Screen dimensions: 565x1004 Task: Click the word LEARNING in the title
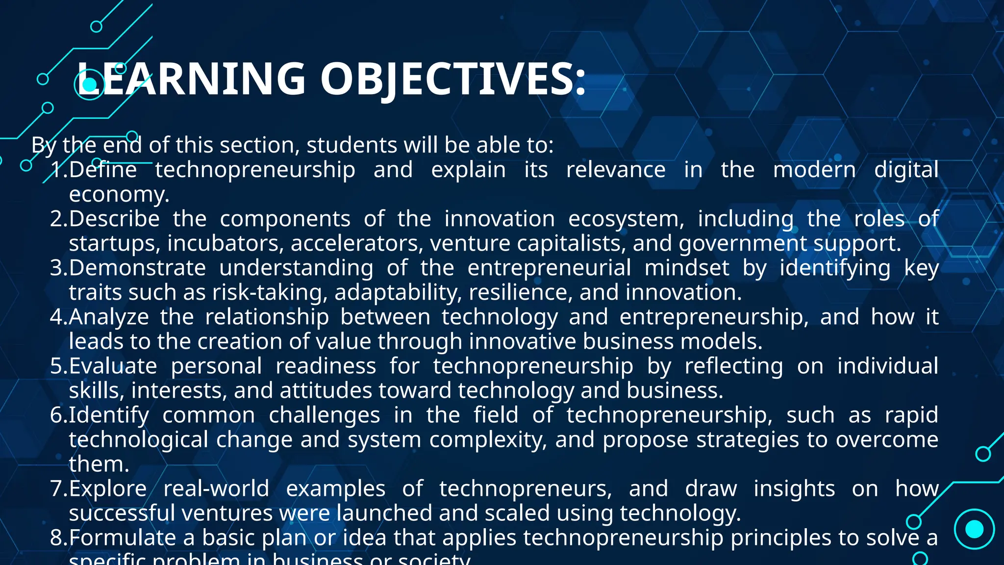coord(191,78)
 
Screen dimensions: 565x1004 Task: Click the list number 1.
coord(58,170)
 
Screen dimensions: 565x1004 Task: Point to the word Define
coord(103,170)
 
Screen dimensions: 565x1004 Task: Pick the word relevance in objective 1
coord(616,170)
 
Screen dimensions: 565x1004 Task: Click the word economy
coord(119,195)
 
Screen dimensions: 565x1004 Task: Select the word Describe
coord(114,219)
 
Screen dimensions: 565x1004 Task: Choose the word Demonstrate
coord(137,268)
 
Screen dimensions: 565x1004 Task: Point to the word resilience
coord(521,293)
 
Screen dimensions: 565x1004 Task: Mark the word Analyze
coord(109,317)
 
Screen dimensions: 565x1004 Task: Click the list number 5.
coord(58,366)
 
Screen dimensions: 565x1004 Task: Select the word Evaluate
coord(113,366)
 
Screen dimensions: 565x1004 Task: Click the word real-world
coord(216,489)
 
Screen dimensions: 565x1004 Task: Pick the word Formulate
coord(123,538)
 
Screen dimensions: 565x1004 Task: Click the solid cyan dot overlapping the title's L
coord(89,85)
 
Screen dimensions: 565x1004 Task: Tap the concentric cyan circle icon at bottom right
coord(974,529)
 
